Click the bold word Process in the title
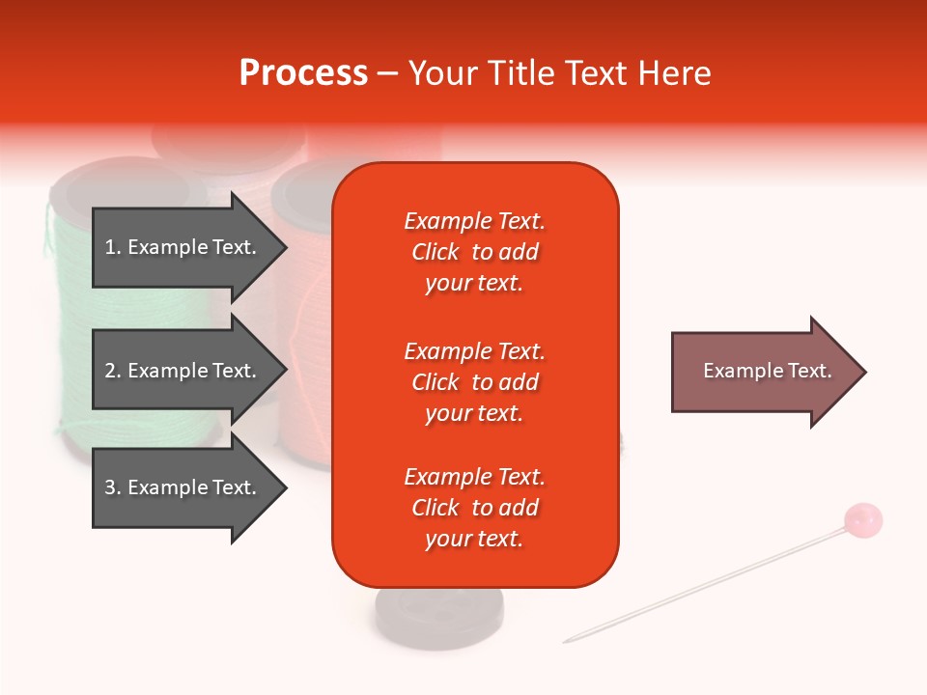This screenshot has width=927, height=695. point(303,73)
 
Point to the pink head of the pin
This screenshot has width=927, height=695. point(862,520)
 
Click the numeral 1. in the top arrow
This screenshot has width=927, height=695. point(113,247)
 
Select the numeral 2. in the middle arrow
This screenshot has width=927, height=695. point(113,371)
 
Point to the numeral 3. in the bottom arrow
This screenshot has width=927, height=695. point(113,487)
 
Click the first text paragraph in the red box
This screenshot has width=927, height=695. point(474,252)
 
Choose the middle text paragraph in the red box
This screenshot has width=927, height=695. point(474,382)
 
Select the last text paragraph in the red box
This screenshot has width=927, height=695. point(474,508)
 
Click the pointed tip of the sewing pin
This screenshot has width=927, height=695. point(566,641)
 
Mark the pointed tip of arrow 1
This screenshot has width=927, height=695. point(286,247)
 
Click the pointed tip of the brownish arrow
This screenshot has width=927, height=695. point(865,372)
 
